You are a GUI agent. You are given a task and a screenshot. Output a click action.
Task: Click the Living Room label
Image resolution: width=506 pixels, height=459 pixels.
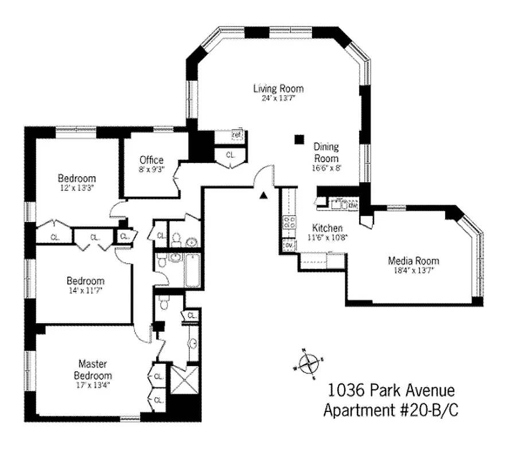(x=278, y=88)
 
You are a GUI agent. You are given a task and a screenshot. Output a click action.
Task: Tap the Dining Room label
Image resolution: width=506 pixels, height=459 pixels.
(x=326, y=153)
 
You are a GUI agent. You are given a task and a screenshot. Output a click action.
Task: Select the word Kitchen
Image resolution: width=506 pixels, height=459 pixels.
(x=327, y=228)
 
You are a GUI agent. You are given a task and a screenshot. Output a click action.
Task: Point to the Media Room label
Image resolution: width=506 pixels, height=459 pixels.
(x=413, y=261)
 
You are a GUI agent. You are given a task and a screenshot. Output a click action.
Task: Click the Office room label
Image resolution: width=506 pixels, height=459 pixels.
(x=151, y=160)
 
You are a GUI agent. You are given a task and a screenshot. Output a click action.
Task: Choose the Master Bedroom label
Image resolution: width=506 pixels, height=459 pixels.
(x=95, y=369)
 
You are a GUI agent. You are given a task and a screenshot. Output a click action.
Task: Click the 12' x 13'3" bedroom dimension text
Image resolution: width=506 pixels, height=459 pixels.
(x=76, y=188)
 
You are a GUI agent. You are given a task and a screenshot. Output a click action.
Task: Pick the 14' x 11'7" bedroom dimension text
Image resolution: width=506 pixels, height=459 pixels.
(x=85, y=290)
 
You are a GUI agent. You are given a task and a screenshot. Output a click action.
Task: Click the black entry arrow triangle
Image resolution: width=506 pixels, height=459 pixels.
(x=263, y=196)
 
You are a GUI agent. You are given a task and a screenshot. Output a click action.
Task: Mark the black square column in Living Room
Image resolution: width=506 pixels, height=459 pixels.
(x=298, y=139)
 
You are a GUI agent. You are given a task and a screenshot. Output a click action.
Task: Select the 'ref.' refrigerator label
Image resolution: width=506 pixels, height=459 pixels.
(x=236, y=135)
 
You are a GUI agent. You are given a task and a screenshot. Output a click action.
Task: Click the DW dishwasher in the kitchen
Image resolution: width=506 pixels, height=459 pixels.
(x=353, y=204)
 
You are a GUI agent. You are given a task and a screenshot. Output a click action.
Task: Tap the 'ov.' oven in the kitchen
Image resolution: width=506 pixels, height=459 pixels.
(x=288, y=246)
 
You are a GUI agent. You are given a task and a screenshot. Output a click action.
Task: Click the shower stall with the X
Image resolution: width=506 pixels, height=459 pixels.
(x=185, y=380)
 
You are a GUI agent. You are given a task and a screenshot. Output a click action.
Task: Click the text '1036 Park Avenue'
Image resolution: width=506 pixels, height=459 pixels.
(x=391, y=391)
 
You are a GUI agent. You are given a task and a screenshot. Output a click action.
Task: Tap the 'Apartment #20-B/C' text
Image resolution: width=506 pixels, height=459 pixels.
(x=391, y=410)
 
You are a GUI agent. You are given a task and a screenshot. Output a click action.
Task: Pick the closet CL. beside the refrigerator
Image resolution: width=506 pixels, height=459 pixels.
(x=231, y=155)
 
